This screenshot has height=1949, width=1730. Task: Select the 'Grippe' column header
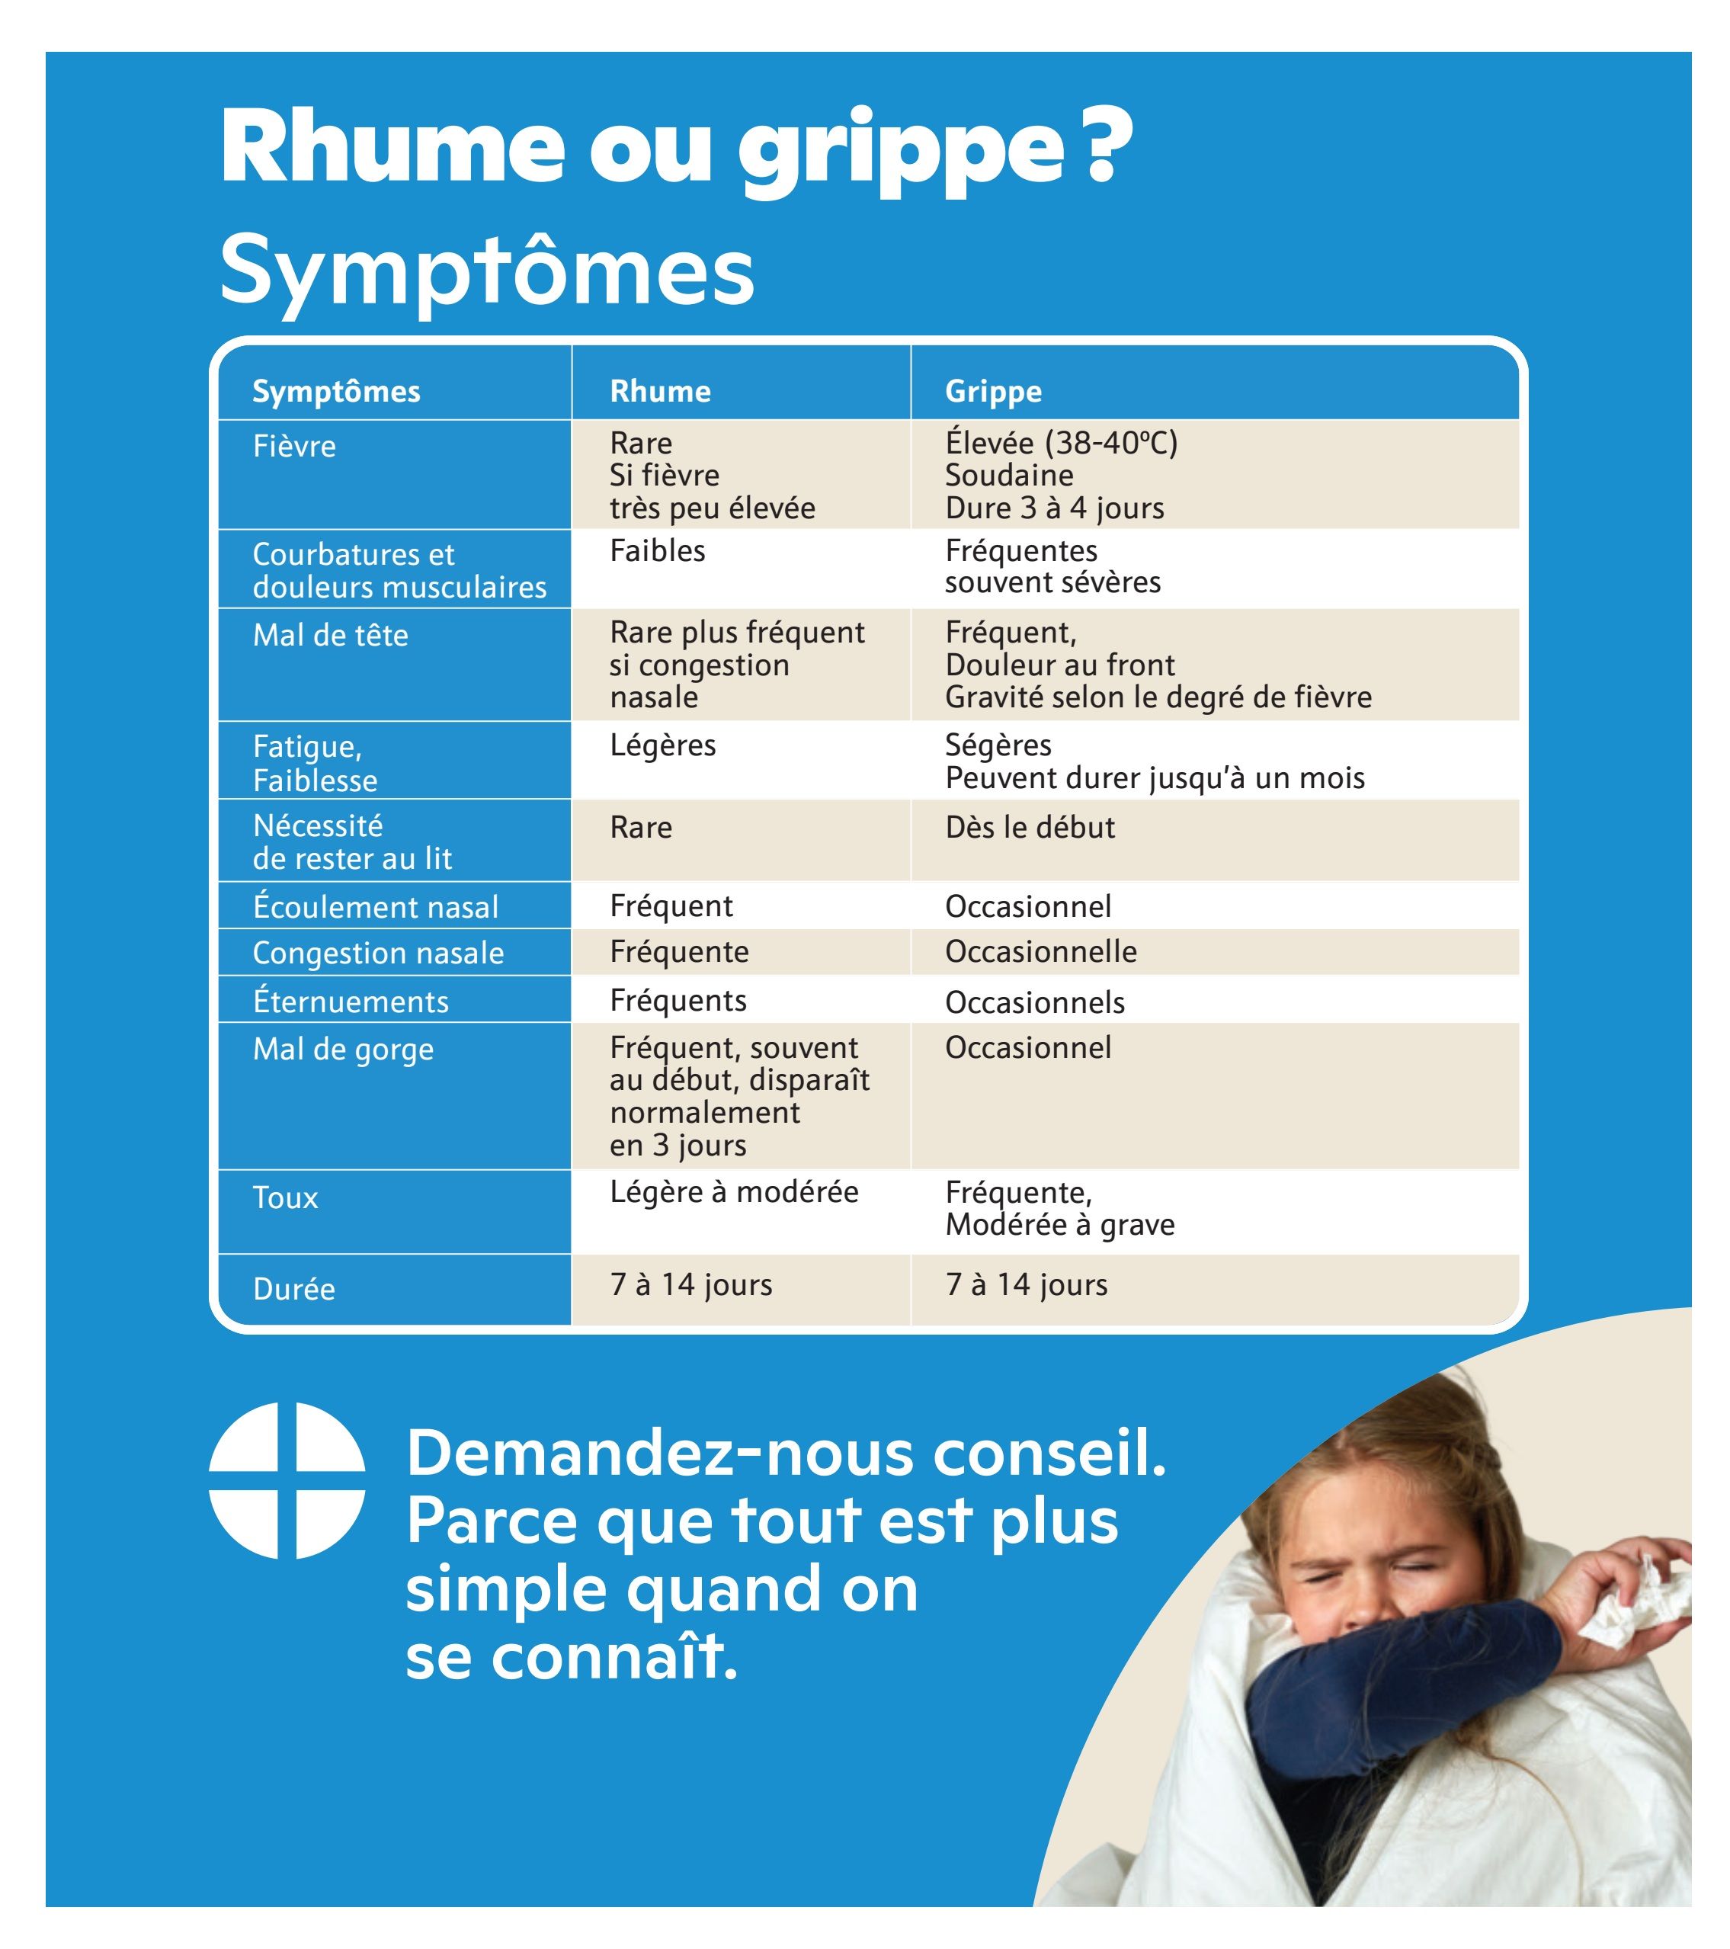click(992, 391)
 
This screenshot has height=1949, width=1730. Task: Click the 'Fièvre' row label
click(293, 446)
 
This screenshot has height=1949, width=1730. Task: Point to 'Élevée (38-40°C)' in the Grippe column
click(1061, 442)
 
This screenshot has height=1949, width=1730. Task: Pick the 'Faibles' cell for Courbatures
click(657, 551)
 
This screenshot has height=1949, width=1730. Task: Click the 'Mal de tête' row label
click(330, 635)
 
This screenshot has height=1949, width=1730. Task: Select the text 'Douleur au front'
click(1059, 665)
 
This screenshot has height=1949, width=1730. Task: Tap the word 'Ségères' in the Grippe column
click(997, 745)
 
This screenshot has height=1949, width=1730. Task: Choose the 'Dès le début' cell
click(1030, 827)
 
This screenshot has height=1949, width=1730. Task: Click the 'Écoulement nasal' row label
click(375, 907)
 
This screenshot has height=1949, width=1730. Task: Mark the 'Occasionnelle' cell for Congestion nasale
click(1040, 951)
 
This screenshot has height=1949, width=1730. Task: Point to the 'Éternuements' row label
click(350, 1002)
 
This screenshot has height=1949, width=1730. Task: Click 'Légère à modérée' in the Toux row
click(733, 1192)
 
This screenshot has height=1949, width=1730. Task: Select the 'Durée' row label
click(293, 1289)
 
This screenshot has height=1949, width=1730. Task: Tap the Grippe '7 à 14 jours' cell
click(1026, 1284)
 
